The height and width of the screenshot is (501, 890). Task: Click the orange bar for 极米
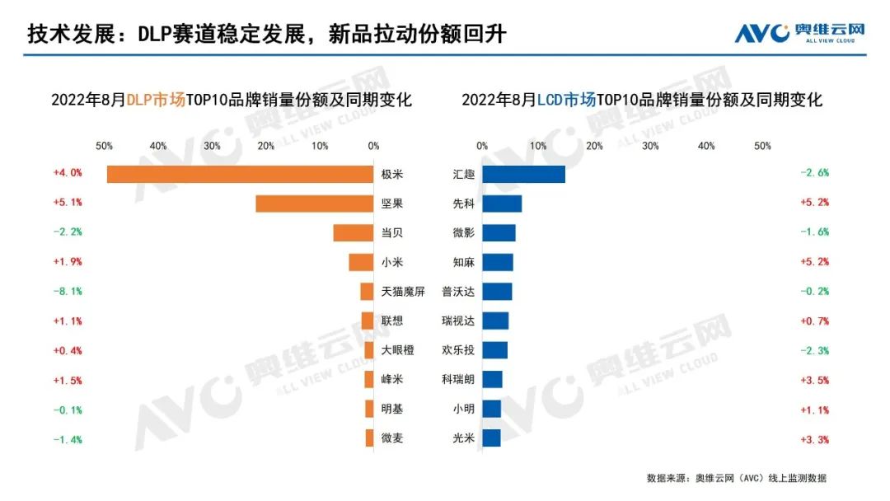(x=240, y=174)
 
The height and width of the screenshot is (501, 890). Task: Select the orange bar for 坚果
(x=314, y=204)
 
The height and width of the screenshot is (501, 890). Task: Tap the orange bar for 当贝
(x=353, y=233)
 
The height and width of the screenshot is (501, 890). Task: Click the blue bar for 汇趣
(x=523, y=174)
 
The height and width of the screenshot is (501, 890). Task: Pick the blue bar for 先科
(x=502, y=204)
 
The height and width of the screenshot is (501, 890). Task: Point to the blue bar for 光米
(x=491, y=438)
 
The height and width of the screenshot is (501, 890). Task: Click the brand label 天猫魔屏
(x=403, y=292)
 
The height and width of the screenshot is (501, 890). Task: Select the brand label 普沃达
(x=458, y=292)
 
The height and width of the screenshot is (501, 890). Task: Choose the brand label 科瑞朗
(x=458, y=380)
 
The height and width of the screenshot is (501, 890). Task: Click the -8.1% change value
(x=68, y=292)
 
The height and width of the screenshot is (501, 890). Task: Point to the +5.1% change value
(x=68, y=203)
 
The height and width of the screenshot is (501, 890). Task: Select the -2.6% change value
(x=814, y=173)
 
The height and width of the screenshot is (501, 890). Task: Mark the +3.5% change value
(x=814, y=380)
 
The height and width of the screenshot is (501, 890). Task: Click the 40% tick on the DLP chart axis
(x=157, y=146)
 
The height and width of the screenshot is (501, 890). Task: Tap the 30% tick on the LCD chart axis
(x=650, y=146)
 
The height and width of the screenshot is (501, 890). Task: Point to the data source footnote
(x=736, y=478)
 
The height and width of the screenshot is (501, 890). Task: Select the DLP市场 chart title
(x=232, y=100)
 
